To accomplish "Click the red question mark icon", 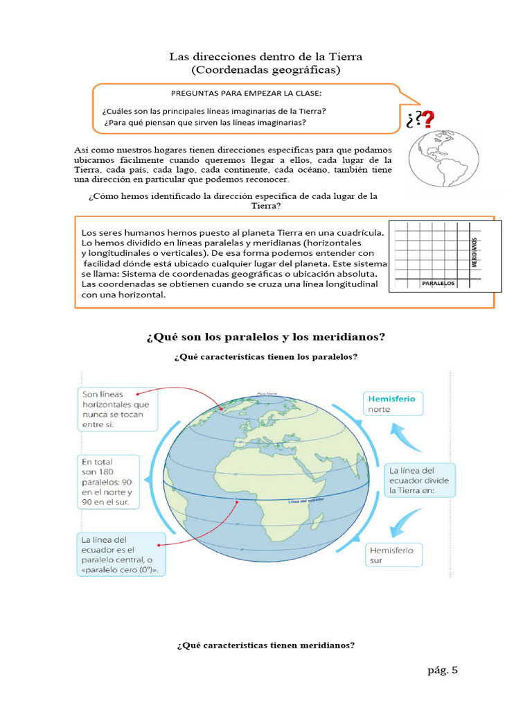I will tap(429, 120).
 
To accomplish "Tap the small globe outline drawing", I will tap(443, 157).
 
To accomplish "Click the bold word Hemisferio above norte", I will tap(391, 399).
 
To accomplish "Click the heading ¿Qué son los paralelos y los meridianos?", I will tap(266, 337).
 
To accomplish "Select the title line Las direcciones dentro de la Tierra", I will tap(266, 56).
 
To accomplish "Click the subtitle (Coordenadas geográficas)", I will tap(266, 70).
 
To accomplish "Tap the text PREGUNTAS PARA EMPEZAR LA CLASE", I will tap(247, 93).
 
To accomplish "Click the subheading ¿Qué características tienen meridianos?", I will tap(266, 646).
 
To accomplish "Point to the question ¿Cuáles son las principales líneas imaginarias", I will tap(214, 111).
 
